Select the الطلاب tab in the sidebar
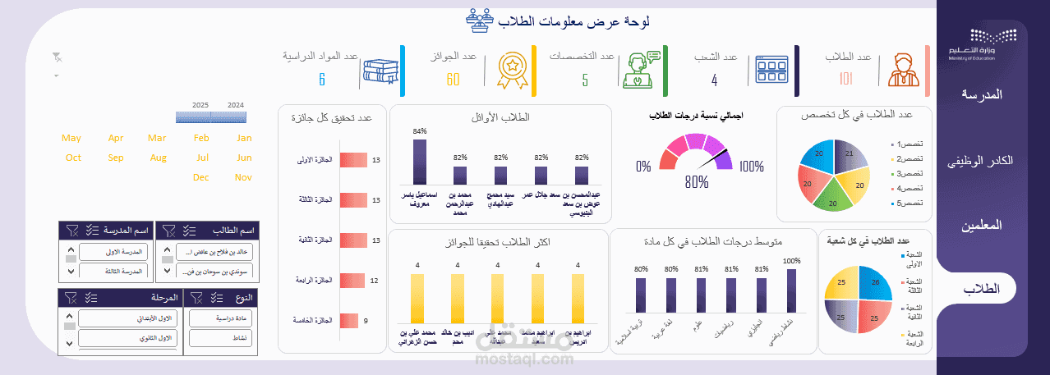point(981,289)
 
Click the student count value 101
point(847,79)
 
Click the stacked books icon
point(380,73)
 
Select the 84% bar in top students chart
point(420,161)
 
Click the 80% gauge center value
point(696,182)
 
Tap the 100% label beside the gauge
point(751,167)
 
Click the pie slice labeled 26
point(874,283)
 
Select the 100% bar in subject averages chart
point(791,290)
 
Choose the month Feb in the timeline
point(201,138)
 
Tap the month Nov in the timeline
point(243,177)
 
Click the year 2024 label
point(236,105)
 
